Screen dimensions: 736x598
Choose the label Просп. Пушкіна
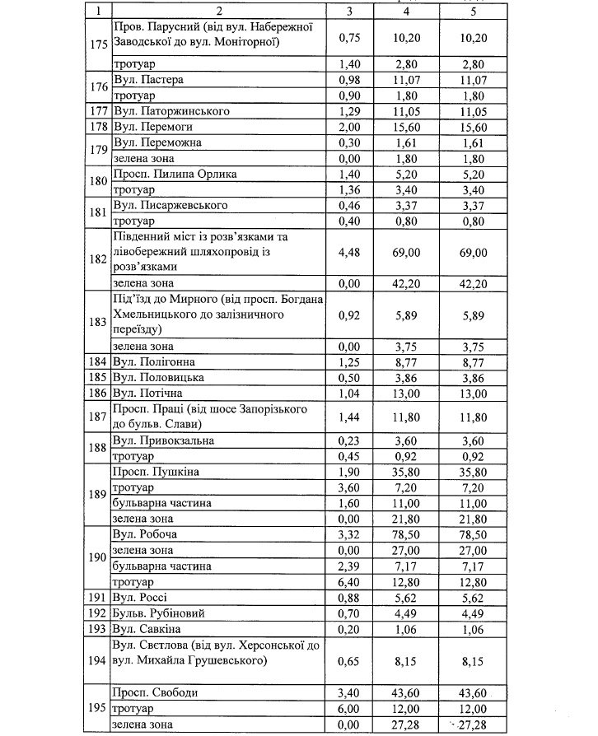pos(155,472)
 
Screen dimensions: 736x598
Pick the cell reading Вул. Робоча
pos(145,534)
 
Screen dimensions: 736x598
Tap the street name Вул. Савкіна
pos(146,629)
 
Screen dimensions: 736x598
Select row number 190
pos(98,558)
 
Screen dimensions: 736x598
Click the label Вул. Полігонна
pos(153,361)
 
